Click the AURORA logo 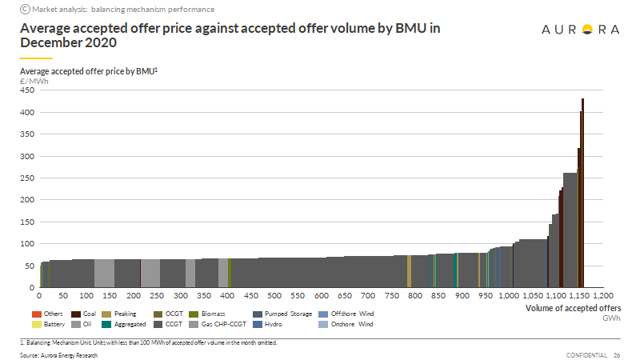(x=581, y=30)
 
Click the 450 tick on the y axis (x=28, y=90)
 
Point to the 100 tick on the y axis (x=28, y=243)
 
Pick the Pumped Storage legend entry (x=283, y=314)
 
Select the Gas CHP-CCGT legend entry (x=218, y=325)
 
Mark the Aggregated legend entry (x=127, y=325)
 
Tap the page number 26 (x=617, y=354)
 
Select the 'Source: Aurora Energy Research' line (x=58, y=354)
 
